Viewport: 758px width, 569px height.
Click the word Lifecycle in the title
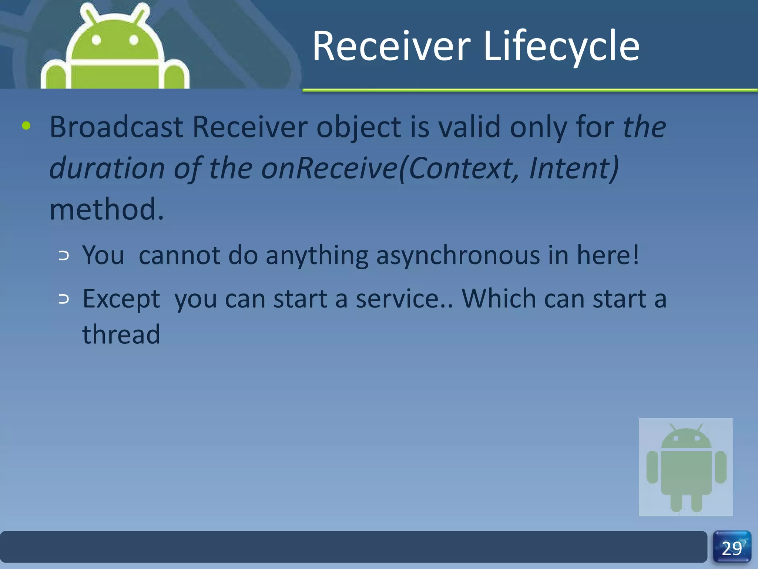561,46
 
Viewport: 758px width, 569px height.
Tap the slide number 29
732,549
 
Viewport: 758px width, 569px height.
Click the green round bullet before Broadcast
26,126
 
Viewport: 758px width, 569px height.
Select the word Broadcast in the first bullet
116,127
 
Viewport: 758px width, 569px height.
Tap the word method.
106,210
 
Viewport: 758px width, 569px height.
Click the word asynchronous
457,256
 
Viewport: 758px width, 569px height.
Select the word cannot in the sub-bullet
180,256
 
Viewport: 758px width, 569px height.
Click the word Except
121,299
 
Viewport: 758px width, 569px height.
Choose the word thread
121,335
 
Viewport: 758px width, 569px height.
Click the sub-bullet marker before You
64,256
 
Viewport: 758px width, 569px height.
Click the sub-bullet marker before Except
64,299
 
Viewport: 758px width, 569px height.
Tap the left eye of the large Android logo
96,40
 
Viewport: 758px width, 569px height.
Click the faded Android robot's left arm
652,467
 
